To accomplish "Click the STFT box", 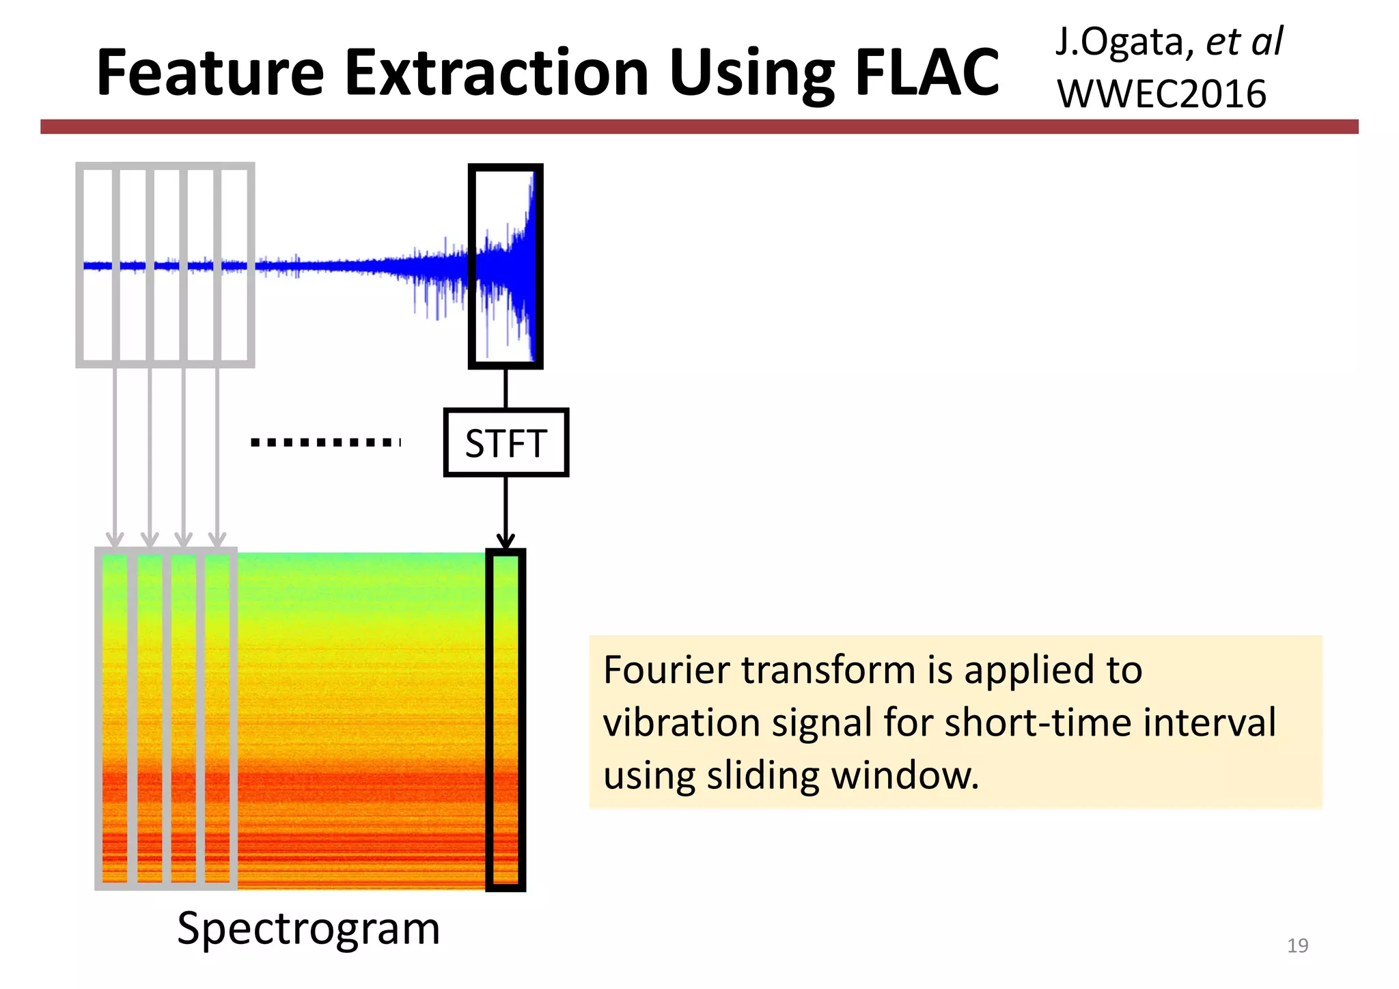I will coord(505,443).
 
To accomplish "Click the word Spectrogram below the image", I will coord(308,929).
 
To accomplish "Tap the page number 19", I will coord(1297,945).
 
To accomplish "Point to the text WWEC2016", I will coord(1161,94).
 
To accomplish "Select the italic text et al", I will coord(1244,42).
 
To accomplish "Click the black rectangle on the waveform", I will coord(505,266).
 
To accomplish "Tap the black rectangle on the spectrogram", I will coord(505,720).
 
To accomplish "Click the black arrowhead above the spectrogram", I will coord(505,542).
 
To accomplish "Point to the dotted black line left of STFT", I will coord(325,443).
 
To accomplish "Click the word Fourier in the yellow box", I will coord(666,670).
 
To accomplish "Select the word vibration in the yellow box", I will coord(681,723).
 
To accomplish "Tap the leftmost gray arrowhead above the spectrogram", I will coord(115,540).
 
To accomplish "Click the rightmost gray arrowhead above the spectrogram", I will coord(217,540).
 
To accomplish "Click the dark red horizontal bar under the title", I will coord(699,126).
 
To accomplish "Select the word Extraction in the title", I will coord(497,73).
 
